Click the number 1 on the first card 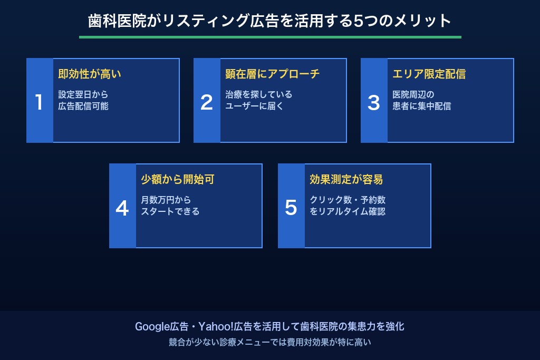(39, 102)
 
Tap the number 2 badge (207, 102)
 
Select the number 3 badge (374, 102)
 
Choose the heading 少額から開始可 (178, 180)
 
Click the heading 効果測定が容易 (346, 180)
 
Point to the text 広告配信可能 (83, 106)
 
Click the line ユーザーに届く (255, 106)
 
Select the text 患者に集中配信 (422, 106)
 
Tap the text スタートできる (170, 211)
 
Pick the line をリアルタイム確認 (348, 211)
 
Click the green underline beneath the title (270, 37)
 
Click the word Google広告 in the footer (155, 327)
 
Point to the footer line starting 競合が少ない (270, 342)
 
